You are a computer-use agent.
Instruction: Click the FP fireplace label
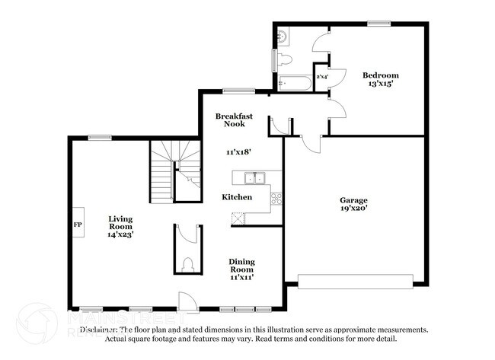pyautogui.click(x=77, y=225)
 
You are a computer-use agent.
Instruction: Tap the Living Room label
pyautogui.click(x=120, y=227)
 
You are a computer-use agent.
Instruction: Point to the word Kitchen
pyautogui.click(x=237, y=197)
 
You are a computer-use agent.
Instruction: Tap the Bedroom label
pyautogui.click(x=380, y=75)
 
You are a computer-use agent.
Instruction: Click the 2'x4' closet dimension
pyautogui.click(x=322, y=77)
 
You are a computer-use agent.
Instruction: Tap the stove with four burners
pyautogui.click(x=276, y=199)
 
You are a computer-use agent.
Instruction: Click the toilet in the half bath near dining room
pyautogui.click(x=188, y=265)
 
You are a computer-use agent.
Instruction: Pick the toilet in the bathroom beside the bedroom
pyautogui.click(x=285, y=59)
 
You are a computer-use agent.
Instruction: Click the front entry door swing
pyautogui.click(x=184, y=301)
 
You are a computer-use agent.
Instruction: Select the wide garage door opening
pyautogui.click(x=354, y=282)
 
